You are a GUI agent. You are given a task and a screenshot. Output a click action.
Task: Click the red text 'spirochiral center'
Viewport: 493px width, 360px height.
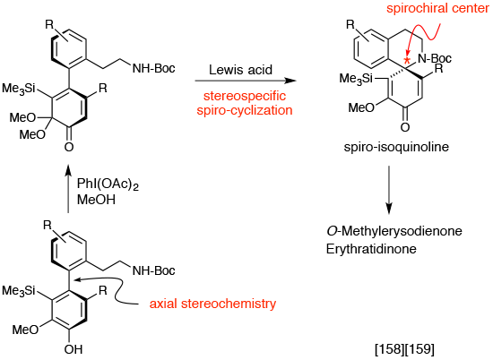click(437, 8)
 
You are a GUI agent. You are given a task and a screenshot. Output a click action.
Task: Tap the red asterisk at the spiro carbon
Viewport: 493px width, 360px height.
click(407, 60)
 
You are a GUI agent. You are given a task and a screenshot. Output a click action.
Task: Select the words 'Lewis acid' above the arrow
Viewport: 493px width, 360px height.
click(240, 70)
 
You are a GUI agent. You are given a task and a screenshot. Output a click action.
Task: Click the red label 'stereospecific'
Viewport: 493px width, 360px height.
click(245, 96)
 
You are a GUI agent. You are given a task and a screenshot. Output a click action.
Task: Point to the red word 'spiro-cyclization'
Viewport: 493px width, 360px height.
click(245, 110)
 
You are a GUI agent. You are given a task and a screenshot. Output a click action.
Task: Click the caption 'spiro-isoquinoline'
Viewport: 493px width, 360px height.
click(396, 147)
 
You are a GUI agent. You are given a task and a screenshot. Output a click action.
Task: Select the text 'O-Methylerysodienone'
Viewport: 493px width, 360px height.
click(394, 231)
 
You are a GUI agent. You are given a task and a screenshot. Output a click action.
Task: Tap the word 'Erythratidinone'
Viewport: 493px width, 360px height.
click(371, 249)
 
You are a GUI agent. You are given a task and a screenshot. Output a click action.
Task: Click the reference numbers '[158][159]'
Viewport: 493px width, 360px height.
click(404, 349)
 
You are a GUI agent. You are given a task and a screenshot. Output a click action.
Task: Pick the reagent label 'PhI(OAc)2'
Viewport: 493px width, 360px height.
click(108, 184)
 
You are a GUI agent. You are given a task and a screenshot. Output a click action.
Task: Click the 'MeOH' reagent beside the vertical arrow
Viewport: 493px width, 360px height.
click(96, 200)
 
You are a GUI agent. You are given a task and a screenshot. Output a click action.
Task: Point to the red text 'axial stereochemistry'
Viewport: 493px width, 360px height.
click(212, 304)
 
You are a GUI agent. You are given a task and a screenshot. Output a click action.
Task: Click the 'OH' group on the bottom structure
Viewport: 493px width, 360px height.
click(74, 349)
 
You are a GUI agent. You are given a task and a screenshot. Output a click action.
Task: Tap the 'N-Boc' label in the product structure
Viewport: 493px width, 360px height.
click(435, 58)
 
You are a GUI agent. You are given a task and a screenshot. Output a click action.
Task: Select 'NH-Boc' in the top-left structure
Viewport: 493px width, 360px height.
click(154, 68)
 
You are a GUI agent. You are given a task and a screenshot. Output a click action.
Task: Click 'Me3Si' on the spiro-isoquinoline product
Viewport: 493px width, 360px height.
click(356, 78)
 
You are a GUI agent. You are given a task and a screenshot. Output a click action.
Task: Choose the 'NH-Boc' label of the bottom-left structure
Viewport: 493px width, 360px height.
click(154, 270)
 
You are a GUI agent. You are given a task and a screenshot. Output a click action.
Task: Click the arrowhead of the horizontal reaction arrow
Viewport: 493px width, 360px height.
click(290, 81)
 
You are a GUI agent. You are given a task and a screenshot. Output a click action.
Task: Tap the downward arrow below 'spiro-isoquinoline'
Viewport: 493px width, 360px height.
click(389, 190)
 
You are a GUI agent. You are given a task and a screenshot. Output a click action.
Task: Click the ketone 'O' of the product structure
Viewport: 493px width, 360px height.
click(405, 127)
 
